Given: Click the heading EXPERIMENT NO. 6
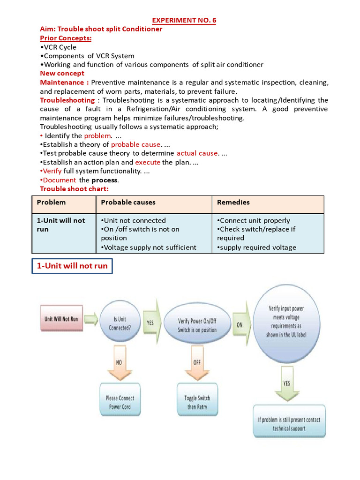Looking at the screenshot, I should pyautogui.click(x=184, y=20).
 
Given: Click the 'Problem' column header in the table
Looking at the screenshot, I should pyautogui.click(x=51, y=202).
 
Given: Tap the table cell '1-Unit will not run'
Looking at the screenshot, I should pyautogui.click(x=61, y=225).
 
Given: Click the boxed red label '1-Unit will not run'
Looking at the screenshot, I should pyautogui.click(x=72, y=266).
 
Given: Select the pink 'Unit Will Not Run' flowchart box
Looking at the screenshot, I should pyautogui.click(x=61, y=319).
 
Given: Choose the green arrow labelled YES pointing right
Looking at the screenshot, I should pyautogui.click(x=151, y=322).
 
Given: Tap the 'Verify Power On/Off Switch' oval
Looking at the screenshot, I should pyautogui.click(x=197, y=325).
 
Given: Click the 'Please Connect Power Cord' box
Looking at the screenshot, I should pyautogui.click(x=120, y=403).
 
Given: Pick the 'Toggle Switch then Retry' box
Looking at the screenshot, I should pyautogui.click(x=197, y=403).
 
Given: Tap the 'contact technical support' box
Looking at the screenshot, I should pyautogui.click(x=289, y=424).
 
